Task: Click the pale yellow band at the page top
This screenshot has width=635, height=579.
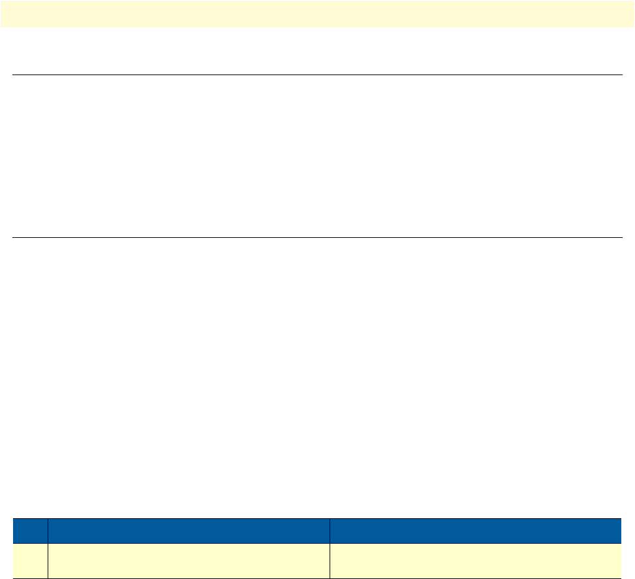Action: (x=317, y=13)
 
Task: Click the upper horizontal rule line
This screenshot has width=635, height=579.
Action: (x=317, y=75)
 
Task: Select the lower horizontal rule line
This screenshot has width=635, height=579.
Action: (x=317, y=237)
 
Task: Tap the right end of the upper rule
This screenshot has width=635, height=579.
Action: (x=622, y=75)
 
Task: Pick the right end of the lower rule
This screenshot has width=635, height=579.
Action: (x=622, y=237)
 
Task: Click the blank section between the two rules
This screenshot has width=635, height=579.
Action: (x=317, y=157)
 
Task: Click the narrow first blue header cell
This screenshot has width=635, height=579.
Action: (x=31, y=531)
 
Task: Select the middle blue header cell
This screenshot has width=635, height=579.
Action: (x=189, y=531)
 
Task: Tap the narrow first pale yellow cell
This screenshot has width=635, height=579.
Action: (x=31, y=561)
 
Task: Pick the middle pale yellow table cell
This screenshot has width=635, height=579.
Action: (x=189, y=561)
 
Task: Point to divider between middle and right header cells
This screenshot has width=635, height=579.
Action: (x=330, y=531)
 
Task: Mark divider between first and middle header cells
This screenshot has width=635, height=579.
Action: (x=48, y=531)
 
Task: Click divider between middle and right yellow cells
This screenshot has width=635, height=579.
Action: (x=330, y=561)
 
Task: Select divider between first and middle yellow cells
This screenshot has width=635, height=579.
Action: (x=48, y=561)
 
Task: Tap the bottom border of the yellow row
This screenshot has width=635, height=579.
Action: (x=317, y=578)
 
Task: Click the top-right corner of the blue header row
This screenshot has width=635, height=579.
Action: (x=621, y=519)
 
